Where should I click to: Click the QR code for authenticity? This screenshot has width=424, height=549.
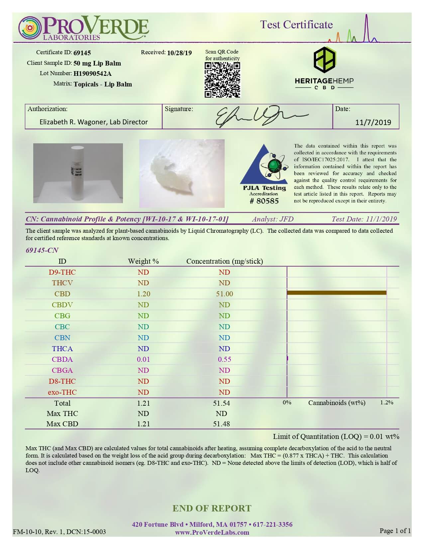(x=222, y=80)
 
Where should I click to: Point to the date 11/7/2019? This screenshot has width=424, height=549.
(x=373, y=122)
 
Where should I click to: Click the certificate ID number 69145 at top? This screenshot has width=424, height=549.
(x=82, y=53)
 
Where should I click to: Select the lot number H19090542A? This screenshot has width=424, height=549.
(x=92, y=73)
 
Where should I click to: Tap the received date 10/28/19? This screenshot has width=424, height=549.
(x=179, y=53)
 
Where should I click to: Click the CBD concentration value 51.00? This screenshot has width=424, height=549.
(x=225, y=294)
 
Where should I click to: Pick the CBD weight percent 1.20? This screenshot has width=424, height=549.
(x=144, y=294)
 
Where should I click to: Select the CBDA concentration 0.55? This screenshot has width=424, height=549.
(x=225, y=359)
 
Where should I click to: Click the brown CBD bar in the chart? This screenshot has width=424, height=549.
(x=336, y=293)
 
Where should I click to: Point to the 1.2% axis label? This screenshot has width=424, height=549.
(x=387, y=403)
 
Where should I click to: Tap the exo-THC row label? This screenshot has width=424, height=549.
(x=62, y=392)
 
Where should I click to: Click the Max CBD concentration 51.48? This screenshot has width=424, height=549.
(x=222, y=424)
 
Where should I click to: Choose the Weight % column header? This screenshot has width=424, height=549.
(x=144, y=261)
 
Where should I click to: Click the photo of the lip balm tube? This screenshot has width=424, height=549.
(x=78, y=173)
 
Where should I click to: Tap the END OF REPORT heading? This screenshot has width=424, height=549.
(x=212, y=508)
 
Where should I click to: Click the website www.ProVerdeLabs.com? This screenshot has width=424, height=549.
(x=212, y=532)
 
